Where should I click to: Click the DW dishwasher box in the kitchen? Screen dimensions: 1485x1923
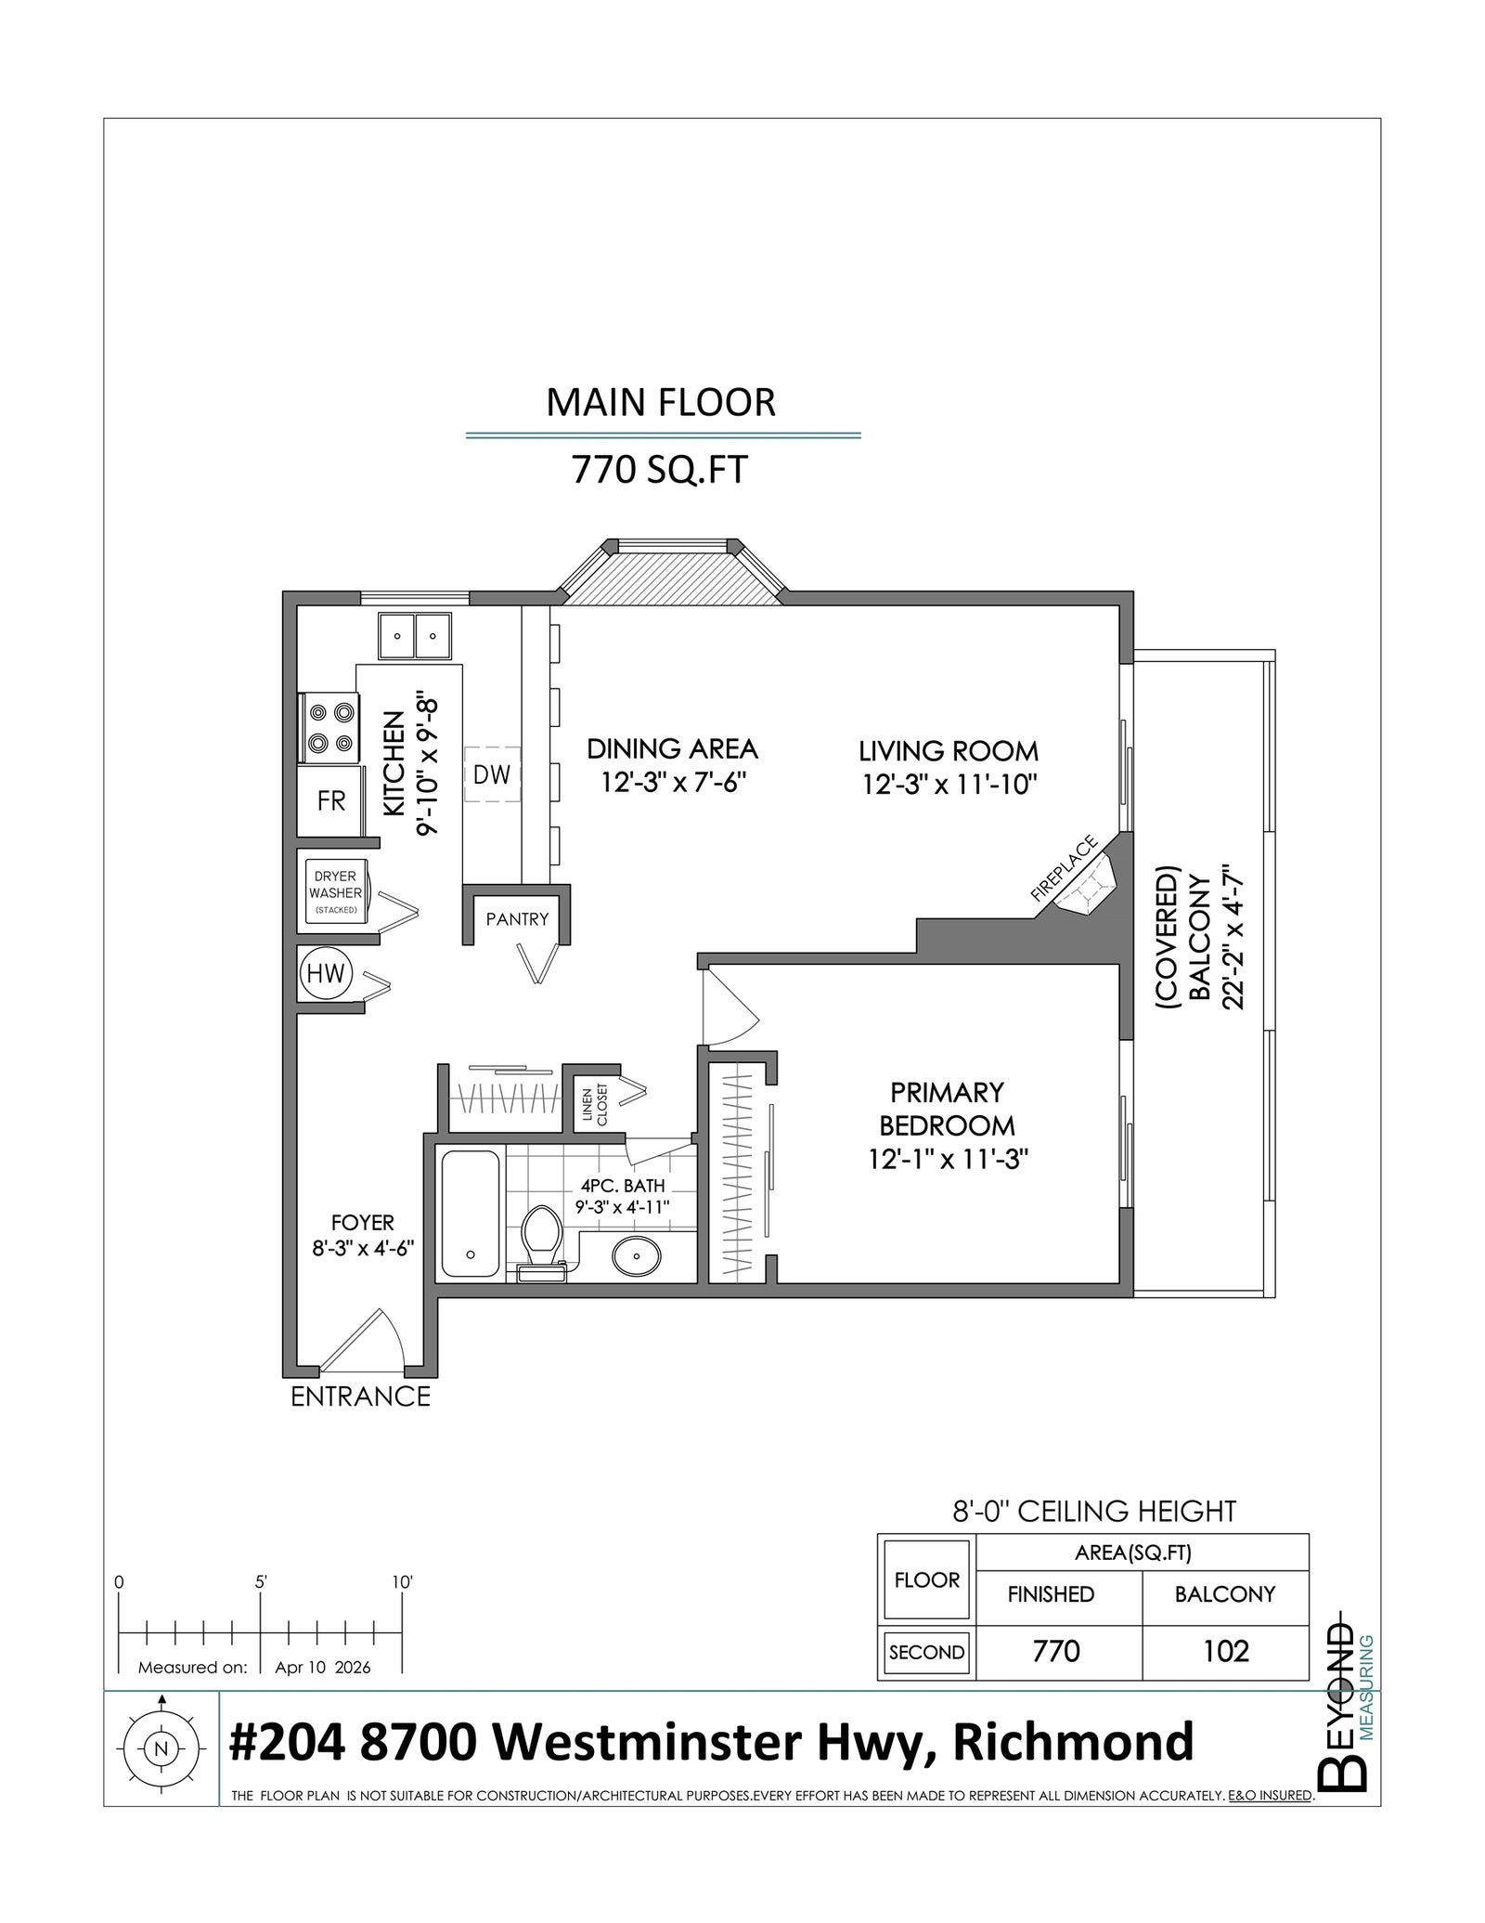(492, 774)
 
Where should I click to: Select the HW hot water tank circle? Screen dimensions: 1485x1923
(326, 974)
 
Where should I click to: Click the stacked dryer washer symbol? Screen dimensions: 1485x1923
(335, 892)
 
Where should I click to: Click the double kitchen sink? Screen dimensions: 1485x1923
(414, 636)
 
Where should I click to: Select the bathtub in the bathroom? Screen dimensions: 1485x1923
(471, 1214)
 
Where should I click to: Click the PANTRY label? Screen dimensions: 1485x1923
(517, 919)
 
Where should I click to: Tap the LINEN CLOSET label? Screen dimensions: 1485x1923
(595, 1105)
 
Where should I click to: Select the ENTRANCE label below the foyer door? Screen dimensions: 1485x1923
(361, 1397)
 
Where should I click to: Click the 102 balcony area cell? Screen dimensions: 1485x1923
(1225, 1651)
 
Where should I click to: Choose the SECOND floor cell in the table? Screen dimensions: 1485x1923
(926, 1653)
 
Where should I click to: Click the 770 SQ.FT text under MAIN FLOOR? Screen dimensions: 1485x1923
(659, 471)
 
